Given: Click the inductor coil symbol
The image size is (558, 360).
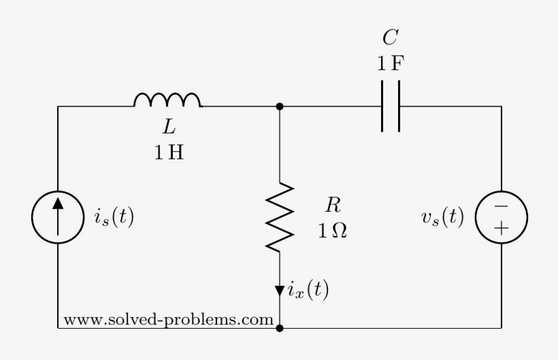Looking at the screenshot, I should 167,101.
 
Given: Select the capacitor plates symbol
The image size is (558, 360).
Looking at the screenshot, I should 390,106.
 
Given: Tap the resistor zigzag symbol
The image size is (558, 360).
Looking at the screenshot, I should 280,217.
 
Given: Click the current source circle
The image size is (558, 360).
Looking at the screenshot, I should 58,217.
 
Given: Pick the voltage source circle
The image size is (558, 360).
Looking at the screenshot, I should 501,217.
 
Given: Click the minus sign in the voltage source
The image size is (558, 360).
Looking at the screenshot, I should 501,206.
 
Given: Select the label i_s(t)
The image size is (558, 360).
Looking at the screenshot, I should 114,217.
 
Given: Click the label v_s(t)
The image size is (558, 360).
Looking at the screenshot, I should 442,217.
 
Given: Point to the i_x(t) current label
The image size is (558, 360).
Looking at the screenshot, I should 308,291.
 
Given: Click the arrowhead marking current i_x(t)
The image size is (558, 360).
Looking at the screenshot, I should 280,291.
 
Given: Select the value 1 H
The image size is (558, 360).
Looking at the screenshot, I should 168,152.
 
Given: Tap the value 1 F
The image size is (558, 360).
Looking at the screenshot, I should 391,63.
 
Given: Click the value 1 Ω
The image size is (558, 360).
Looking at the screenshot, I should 332,231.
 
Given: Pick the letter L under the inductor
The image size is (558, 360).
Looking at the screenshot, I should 168,127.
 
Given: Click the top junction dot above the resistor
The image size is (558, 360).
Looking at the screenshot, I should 280,107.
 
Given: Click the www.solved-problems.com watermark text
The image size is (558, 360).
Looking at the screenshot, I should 168,319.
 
